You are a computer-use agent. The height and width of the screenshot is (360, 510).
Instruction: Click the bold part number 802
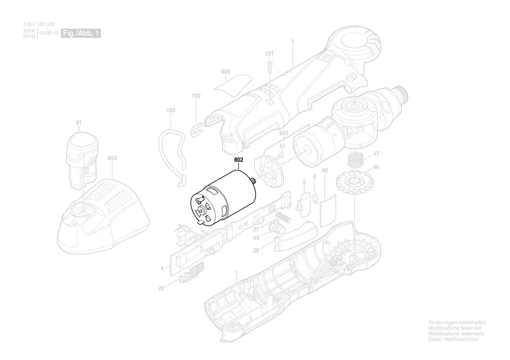pos(238,160)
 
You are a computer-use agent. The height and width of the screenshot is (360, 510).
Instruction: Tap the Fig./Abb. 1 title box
pos(81,34)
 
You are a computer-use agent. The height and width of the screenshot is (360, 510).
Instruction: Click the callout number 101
pos(269,54)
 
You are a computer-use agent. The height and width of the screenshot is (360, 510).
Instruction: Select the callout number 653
pos(112,158)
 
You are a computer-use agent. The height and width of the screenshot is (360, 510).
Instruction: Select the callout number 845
pos(284,133)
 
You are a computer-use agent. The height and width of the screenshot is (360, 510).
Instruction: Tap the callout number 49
pos(256,238)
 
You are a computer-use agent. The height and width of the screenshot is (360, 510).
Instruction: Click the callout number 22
pos(161,288)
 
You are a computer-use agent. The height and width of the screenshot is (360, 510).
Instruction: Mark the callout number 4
pos(162,269)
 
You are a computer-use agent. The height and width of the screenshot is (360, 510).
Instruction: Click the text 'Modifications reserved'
pos(455,328)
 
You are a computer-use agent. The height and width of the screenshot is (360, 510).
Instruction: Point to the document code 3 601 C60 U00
pos(39,25)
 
